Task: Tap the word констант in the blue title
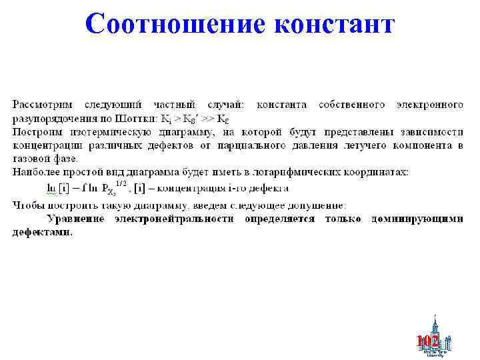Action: tap(333, 24)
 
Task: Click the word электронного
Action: tap(430, 105)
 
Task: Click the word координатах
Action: tap(380, 172)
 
